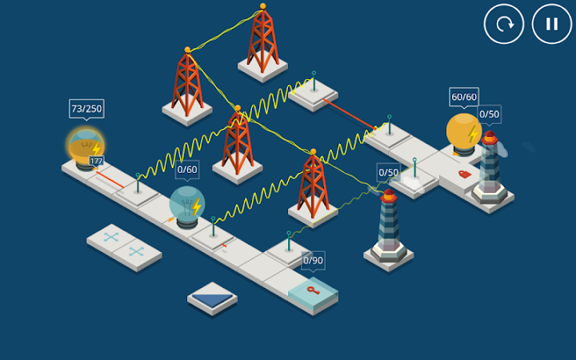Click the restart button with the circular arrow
[504, 24]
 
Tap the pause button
[552, 24]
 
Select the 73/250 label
[86, 109]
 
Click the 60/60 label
[464, 97]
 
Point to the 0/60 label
[187, 170]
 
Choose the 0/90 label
[313, 260]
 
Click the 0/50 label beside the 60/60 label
[489, 114]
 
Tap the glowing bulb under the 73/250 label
[85, 147]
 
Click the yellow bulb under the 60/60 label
[463, 132]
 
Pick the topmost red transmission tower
[262, 40]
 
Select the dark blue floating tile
[212, 297]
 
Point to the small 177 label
[96, 162]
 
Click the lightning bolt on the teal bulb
[196, 207]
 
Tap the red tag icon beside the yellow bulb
[464, 174]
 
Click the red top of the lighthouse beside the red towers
[389, 195]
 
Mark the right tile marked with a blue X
[137, 251]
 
